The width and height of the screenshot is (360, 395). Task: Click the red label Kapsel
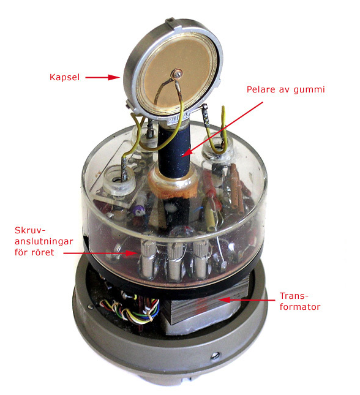coord(64,77)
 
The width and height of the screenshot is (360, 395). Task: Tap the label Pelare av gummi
coord(286,89)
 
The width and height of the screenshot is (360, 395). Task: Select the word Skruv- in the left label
coord(31,230)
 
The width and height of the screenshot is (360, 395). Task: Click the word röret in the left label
coord(43,252)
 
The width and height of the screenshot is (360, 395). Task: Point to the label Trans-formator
coord(300,301)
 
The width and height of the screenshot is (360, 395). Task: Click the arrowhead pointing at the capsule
coord(114,77)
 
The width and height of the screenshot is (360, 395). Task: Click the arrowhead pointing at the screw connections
coord(132,253)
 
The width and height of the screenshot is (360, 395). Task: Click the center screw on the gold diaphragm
coord(178,74)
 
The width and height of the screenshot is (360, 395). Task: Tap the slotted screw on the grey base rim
coord(214,356)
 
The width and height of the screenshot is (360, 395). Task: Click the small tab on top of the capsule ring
coord(171,21)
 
